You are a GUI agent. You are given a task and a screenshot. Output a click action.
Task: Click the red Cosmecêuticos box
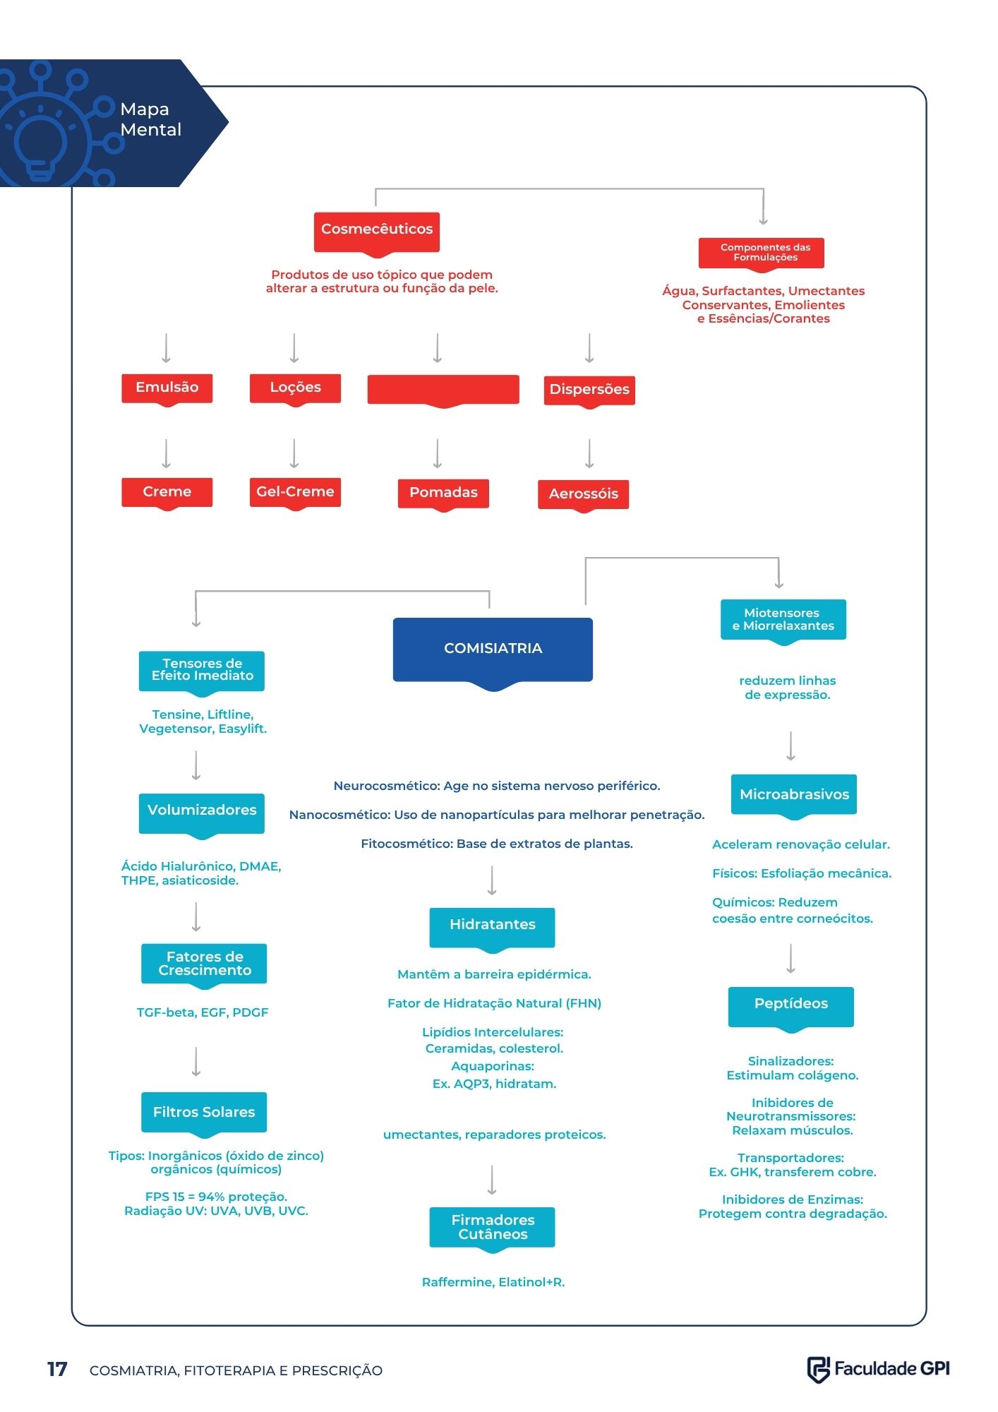pyautogui.click(x=376, y=232)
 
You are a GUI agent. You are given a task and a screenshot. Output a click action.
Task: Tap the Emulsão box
pyautogui.click(x=167, y=389)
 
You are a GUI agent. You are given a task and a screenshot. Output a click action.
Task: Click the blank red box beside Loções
pyautogui.click(x=443, y=390)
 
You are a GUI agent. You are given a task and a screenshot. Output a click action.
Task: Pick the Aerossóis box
pyautogui.click(x=583, y=495)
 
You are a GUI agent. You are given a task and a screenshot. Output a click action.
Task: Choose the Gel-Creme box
pyautogui.click(x=295, y=493)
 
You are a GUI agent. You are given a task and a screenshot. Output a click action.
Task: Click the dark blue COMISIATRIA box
pyautogui.click(x=493, y=651)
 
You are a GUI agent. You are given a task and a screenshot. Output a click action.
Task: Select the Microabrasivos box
pyautogui.click(x=794, y=796)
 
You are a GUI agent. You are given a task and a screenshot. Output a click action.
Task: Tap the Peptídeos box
pyautogui.click(x=790, y=1008)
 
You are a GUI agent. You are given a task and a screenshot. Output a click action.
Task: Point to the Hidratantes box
pyautogui.click(x=492, y=929)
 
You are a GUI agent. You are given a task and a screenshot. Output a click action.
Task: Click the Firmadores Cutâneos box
pyautogui.click(x=492, y=1229)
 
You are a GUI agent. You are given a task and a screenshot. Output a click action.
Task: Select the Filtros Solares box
pyautogui.click(x=204, y=1114)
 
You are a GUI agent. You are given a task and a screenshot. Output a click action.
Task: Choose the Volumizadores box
pyautogui.click(x=202, y=815)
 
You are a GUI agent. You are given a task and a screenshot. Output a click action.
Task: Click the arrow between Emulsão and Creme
pyautogui.click(x=167, y=453)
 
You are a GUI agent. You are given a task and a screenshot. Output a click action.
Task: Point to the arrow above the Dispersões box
pyautogui.click(x=589, y=348)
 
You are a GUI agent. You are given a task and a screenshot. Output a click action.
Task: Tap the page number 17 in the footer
pyautogui.click(x=57, y=1370)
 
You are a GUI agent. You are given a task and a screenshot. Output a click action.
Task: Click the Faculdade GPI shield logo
pyautogui.click(x=818, y=1370)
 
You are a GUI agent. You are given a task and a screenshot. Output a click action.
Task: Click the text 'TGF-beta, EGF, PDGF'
pyautogui.click(x=203, y=1012)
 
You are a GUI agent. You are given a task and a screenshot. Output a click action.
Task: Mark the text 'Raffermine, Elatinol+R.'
pyautogui.click(x=493, y=1282)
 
